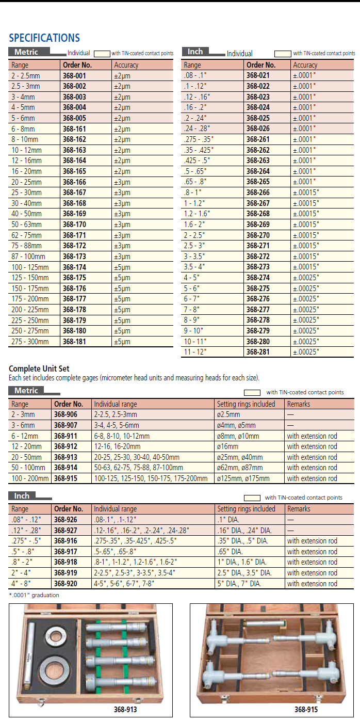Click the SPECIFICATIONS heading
pyautogui.click(x=44, y=38)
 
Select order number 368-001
pyautogui.click(x=74, y=76)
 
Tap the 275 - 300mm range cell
pyautogui.click(x=30, y=342)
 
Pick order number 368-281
pyautogui.click(x=258, y=352)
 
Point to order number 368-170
pyautogui.click(x=74, y=225)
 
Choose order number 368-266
pyautogui.click(x=258, y=193)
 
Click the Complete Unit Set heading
pyautogui.click(x=39, y=369)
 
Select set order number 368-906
pyautogui.click(x=66, y=414)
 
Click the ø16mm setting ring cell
pyautogui.click(x=228, y=446)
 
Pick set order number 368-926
pyautogui.click(x=66, y=520)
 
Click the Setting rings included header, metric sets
pyautogui.click(x=246, y=404)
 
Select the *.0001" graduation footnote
pyautogui.click(x=34, y=595)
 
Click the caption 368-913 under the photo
pyautogui.click(x=125, y=710)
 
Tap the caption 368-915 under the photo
pyautogui.click(x=305, y=710)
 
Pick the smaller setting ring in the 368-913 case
pyautogui.click(x=55, y=636)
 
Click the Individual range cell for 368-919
pyautogui.click(x=135, y=573)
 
